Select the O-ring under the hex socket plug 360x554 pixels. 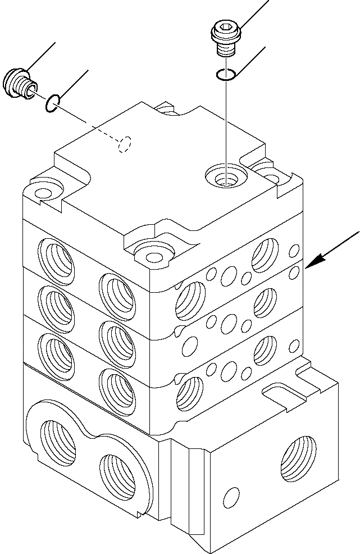(226, 75)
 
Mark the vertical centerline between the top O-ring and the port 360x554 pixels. (226, 124)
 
